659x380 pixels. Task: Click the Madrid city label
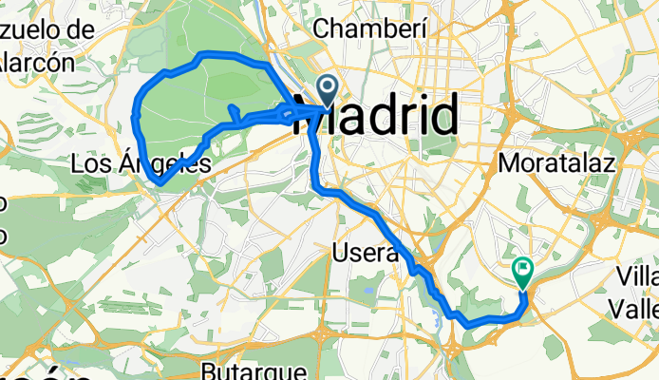click(380, 116)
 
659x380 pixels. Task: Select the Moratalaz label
click(556, 162)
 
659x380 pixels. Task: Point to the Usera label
click(365, 253)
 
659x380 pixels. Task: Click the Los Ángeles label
click(140, 164)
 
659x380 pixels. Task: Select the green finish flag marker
click(522, 273)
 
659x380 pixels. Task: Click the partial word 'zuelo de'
click(47, 29)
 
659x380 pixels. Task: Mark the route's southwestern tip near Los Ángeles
click(157, 181)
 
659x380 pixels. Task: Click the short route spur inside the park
click(232, 111)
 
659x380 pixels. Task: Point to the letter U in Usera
click(340, 253)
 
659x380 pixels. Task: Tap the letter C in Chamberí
click(320, 29)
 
